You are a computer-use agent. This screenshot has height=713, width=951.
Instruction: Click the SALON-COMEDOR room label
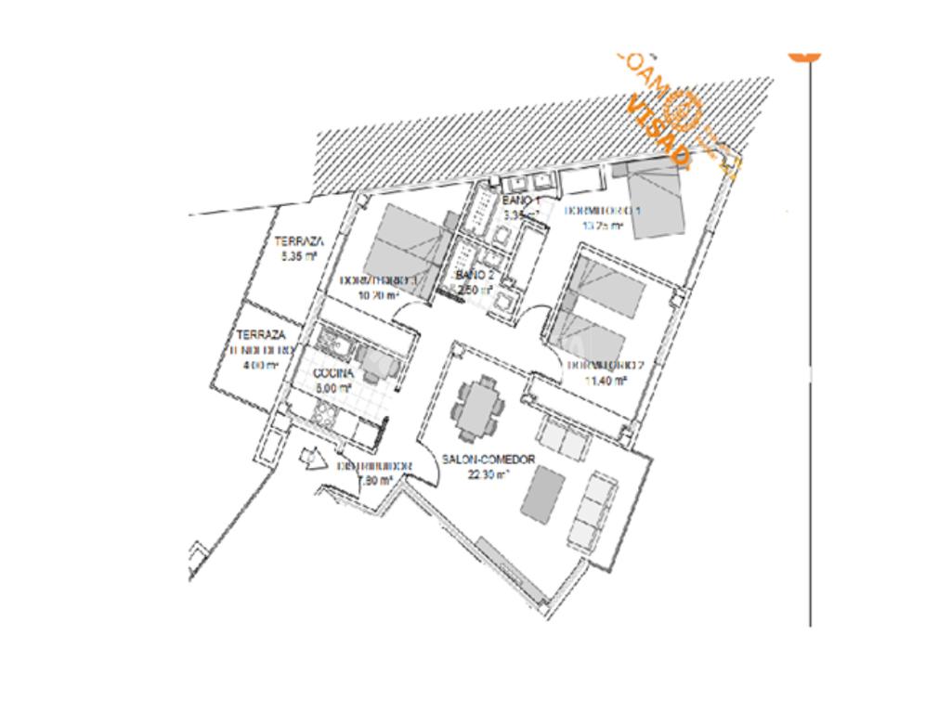[x=488, y=460]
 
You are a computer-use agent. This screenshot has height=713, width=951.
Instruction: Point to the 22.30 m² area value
[x=489, y=474]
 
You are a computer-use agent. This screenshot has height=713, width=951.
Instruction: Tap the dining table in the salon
[x=479, y=408]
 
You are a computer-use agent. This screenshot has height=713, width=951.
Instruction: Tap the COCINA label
[x=333, y=373]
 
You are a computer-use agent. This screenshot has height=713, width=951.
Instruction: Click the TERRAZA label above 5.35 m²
[x=299, y=241]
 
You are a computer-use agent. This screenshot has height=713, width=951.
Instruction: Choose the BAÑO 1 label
[x=520, y=201]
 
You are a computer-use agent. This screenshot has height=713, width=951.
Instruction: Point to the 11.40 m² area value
[x=605, y=381]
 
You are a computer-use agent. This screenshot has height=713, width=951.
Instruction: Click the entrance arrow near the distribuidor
[x=313, y=458]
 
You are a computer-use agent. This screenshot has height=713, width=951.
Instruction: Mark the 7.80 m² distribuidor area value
[x=375, y=480]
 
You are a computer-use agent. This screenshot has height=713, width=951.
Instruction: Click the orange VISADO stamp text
[x=660, y=130]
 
